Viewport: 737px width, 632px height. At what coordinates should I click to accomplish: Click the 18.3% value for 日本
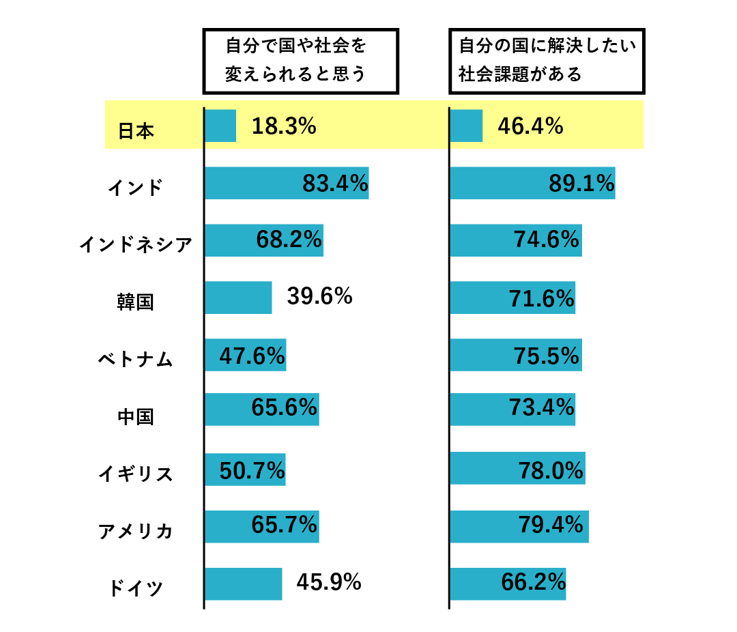click(284, 126)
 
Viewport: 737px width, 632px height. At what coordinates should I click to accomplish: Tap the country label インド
click(135, 187)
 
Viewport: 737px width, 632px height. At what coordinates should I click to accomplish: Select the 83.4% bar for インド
click(287, 183)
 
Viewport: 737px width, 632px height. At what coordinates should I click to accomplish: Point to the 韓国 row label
click(135, 301)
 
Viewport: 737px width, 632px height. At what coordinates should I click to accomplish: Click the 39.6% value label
click(319, 297)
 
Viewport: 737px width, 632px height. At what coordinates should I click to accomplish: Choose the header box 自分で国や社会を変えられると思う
click(300, 61)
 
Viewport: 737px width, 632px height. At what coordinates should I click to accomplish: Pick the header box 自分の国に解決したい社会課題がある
click(547, 61)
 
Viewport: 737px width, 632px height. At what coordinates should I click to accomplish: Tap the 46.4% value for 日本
click(530, 126)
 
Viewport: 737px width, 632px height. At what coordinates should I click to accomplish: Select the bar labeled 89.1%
click(532, 183)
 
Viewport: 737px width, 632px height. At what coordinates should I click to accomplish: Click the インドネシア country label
click(135, 244)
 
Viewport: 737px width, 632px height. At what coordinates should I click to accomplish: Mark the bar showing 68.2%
click(263, 240)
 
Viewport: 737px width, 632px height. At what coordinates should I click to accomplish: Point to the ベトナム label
click(135, 359)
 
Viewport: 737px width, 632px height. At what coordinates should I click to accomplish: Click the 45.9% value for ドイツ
click(328, 581)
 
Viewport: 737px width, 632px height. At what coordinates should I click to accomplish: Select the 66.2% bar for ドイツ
click(508, 584)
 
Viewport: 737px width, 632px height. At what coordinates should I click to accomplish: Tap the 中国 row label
click(135, 416)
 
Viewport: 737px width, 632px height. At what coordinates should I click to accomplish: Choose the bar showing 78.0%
click(517, 468)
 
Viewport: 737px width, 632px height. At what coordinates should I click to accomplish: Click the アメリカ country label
click(135, 530)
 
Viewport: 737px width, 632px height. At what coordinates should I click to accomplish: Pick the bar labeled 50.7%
click(244, 470)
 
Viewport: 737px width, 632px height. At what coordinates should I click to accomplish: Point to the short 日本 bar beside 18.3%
click(220, 126)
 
